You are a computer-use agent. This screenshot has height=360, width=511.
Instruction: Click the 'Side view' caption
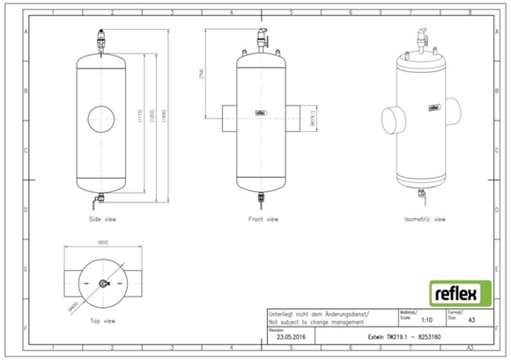click(x=102, y=218)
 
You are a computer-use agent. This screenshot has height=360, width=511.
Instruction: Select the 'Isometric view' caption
click(x=426, y=218)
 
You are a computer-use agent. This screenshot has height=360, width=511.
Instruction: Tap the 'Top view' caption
click(x=102, y=321)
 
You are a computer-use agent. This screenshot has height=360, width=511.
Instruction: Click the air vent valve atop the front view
click(x=261, y=40)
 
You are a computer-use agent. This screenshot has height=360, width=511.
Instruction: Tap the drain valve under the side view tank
click(x=103, y=201)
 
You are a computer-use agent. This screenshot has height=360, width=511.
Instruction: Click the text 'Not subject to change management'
click(x=314, y=324)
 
